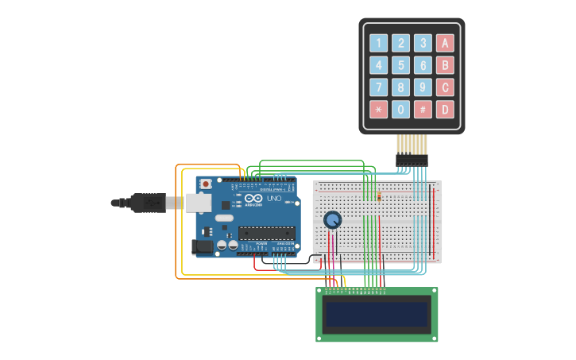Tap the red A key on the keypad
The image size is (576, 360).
point(445,43)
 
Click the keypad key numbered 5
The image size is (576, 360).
point(401,65)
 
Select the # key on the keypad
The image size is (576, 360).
point(423,110)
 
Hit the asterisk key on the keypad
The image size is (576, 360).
point(379,110)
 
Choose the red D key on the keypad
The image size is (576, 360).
point(445,110)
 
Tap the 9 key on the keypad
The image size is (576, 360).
point(423,87)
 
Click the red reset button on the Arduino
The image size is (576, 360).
point(206,184)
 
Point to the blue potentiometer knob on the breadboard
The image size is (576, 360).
point(332,220)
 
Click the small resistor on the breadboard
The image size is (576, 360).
point(379,196)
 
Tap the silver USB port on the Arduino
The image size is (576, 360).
point(199,203)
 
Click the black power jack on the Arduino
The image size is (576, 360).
point(203,247)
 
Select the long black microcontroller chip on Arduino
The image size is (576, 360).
point(267,233)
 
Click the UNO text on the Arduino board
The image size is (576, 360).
point(274,199)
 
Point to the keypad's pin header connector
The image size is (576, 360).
point(412,160)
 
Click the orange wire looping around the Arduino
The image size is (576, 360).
point(176,223)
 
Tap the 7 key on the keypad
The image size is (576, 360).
point(379,87)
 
